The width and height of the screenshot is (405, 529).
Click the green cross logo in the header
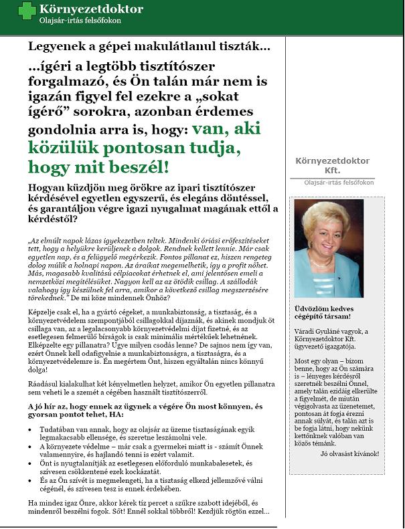pyautogui.click(x=27, y=11)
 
